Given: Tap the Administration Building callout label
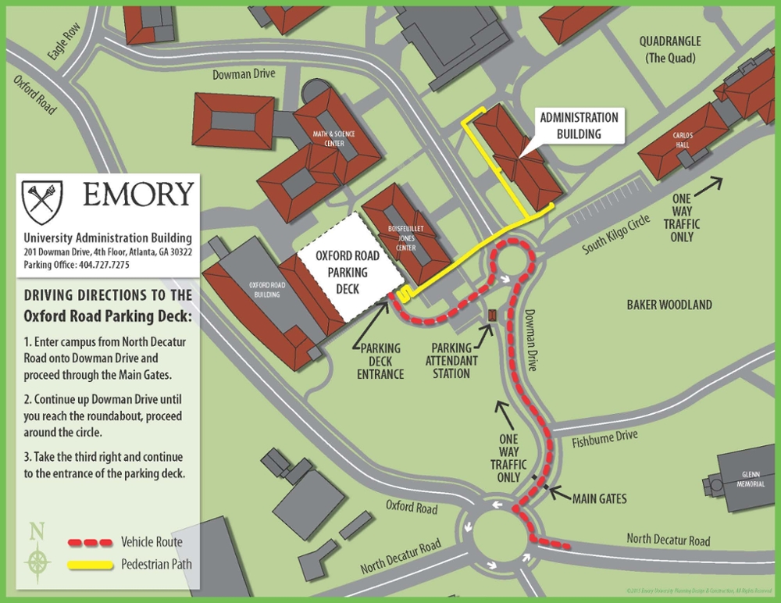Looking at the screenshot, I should [579, 126].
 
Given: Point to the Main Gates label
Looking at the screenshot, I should [599, 498].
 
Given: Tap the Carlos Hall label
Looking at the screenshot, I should [683, 140].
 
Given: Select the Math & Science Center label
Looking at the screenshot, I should [333, 138].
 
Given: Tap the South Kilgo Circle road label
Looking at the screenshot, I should [615, 236].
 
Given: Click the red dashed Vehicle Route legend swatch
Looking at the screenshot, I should [90, 542].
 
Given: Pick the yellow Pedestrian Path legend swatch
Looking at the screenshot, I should [90, 564].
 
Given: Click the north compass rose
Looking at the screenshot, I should [37, 558].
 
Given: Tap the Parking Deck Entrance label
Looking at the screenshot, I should [381, 361].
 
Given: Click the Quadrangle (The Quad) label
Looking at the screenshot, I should [669, 49].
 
